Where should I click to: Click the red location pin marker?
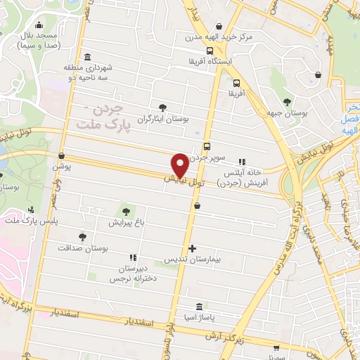pyautogui.click(x=180, y=165)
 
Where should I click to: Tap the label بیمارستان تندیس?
pyautogui.click(x=193, y=260)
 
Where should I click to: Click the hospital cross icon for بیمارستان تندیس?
pyautogui.click(x=193, y=248)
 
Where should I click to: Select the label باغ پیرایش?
pyautogui.click(x=126, y=222)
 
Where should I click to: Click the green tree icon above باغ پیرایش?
pyautogui.click(x=126, y=210)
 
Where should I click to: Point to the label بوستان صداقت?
pyautogui.click(x=82, y=248)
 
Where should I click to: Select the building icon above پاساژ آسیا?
pyautogui.click(x=200, y=307)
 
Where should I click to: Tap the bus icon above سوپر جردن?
pyautogui.click(x=207, y=146)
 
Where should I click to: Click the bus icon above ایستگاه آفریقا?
pyautogui.click(x=210, y=51)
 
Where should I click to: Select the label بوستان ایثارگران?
pyautogui.click(x=163, y=120)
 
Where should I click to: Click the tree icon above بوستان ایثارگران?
pyautogui.click(x=163, y=108)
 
